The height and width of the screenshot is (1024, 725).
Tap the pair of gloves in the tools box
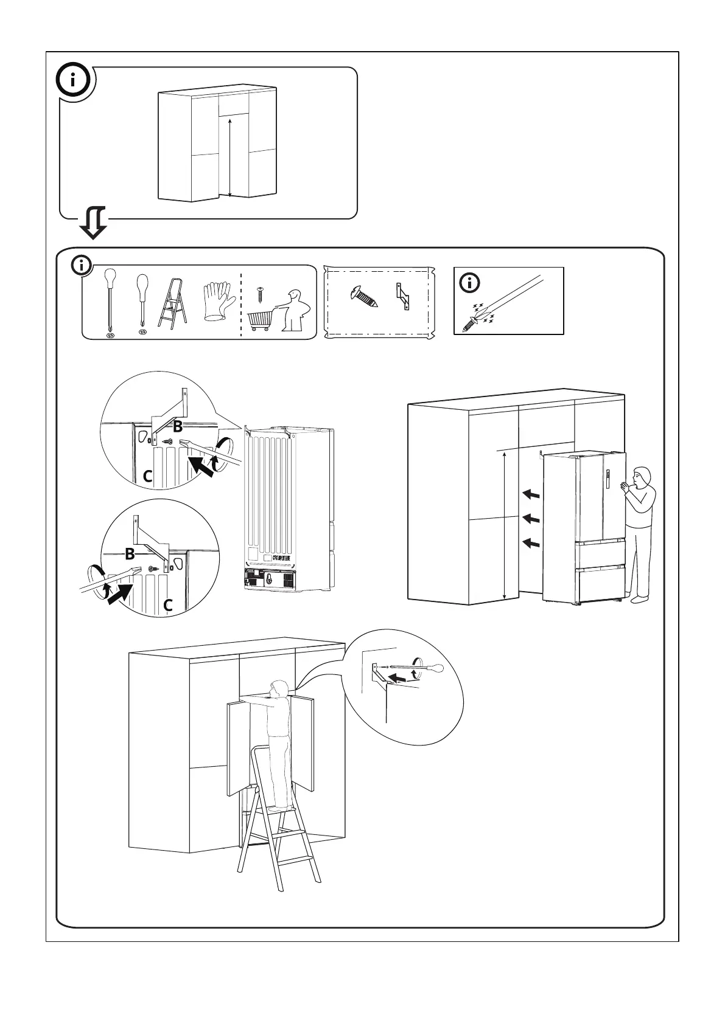click(218, 300)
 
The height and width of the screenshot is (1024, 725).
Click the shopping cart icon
click(260, 319)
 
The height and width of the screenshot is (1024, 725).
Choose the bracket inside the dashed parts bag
click(402, 296)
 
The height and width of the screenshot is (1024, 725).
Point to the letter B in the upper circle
click(177, 426)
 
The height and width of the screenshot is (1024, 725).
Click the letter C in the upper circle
click(147, 477)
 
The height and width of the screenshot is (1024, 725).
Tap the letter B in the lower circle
click(130, 554)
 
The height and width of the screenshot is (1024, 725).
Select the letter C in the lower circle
click(169, 605)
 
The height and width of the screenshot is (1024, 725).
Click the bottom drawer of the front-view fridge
click(601, 584)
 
